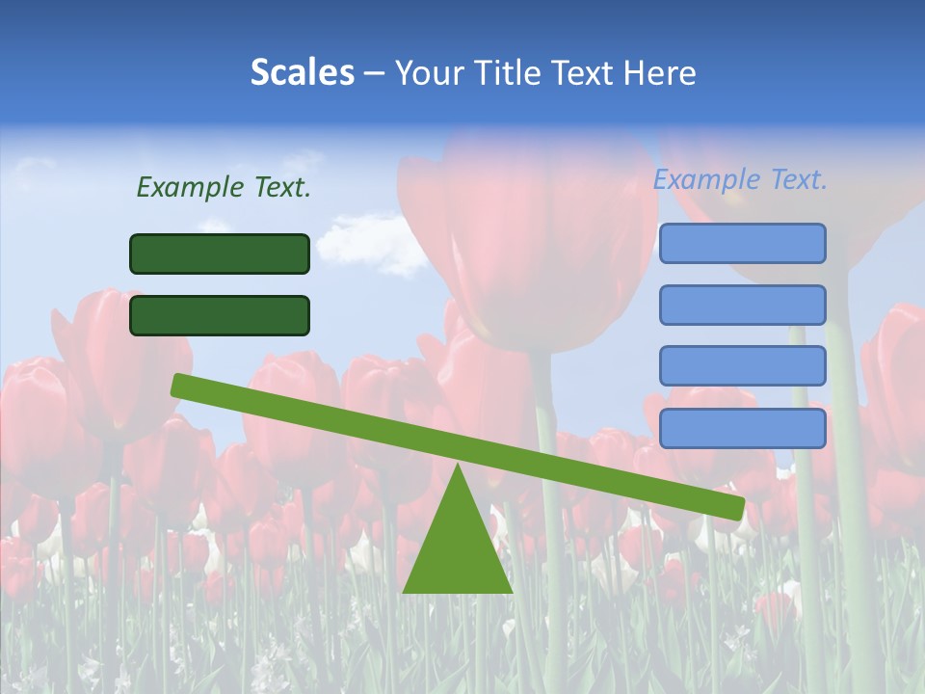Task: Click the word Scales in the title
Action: [302, 73]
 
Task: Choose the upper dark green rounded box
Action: [220, 254]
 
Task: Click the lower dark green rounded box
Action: [220, 315]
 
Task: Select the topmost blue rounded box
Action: [742, 243]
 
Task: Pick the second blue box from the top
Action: [742, 305]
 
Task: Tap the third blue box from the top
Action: [742, 365]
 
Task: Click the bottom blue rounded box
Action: [742, 428]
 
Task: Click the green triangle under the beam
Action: [458, 549]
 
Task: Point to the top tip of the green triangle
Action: [458, 467]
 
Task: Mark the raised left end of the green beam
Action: [180, 385]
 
